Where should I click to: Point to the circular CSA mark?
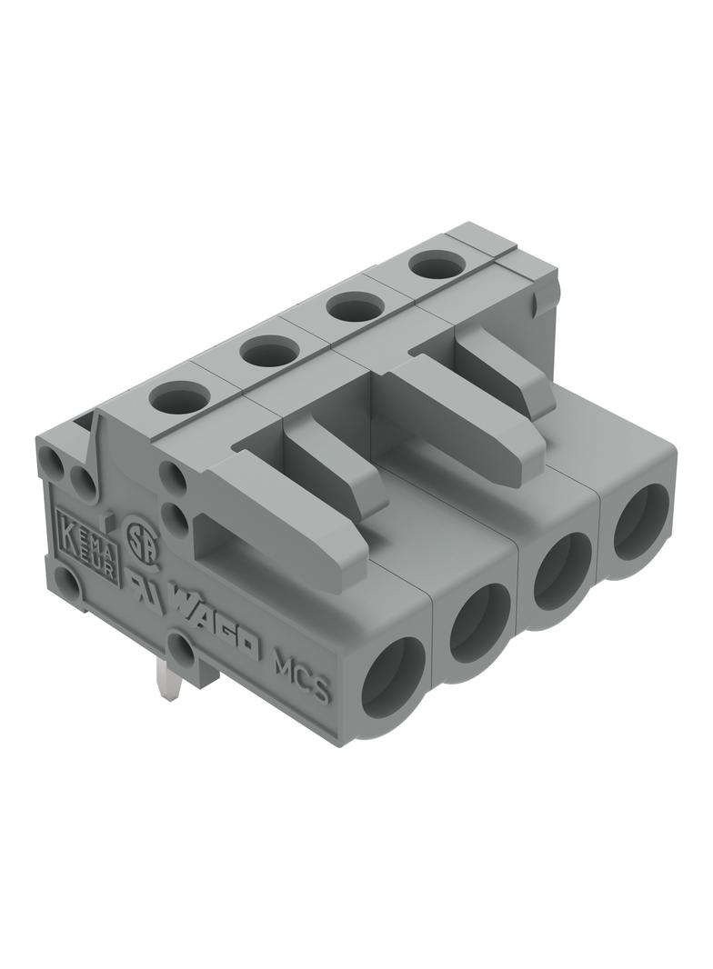[x=137, y=534]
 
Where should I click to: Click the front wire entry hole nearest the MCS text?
[x=393, y=678]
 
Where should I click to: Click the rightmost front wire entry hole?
[x=641, y=522]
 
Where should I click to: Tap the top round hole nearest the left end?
[x=180, y=397]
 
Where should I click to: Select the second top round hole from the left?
[x=270, y=350]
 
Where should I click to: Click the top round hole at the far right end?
[x=437, y=265]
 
